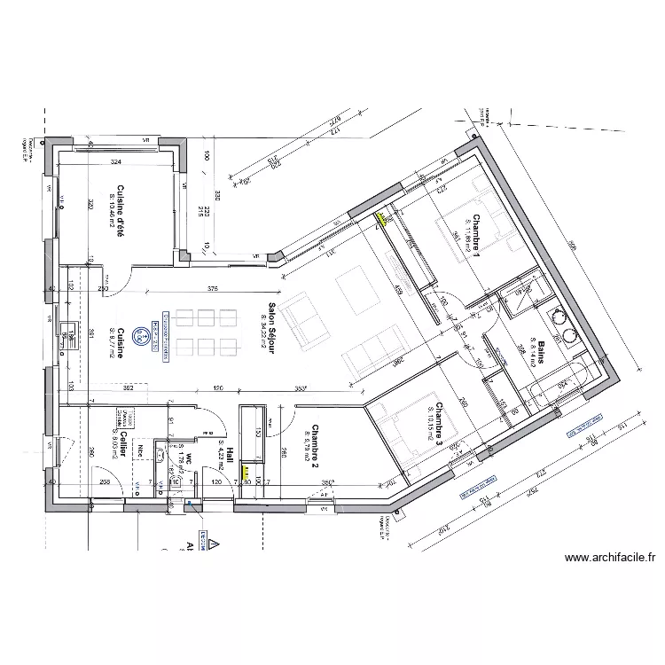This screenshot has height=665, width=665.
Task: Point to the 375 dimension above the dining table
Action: pos(213,288)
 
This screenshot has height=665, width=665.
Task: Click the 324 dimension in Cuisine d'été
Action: pos(116,163)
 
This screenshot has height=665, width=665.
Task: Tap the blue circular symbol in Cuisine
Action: pos(139,336)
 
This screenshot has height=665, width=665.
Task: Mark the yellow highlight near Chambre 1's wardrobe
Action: pos(383,216)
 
